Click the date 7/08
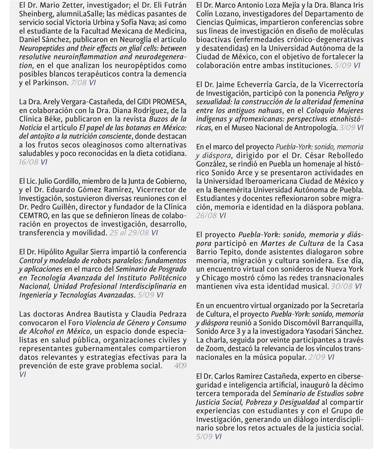[78, 83]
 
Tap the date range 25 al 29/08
[129, 233]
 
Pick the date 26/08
[206, 215]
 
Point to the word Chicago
[223, 278]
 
